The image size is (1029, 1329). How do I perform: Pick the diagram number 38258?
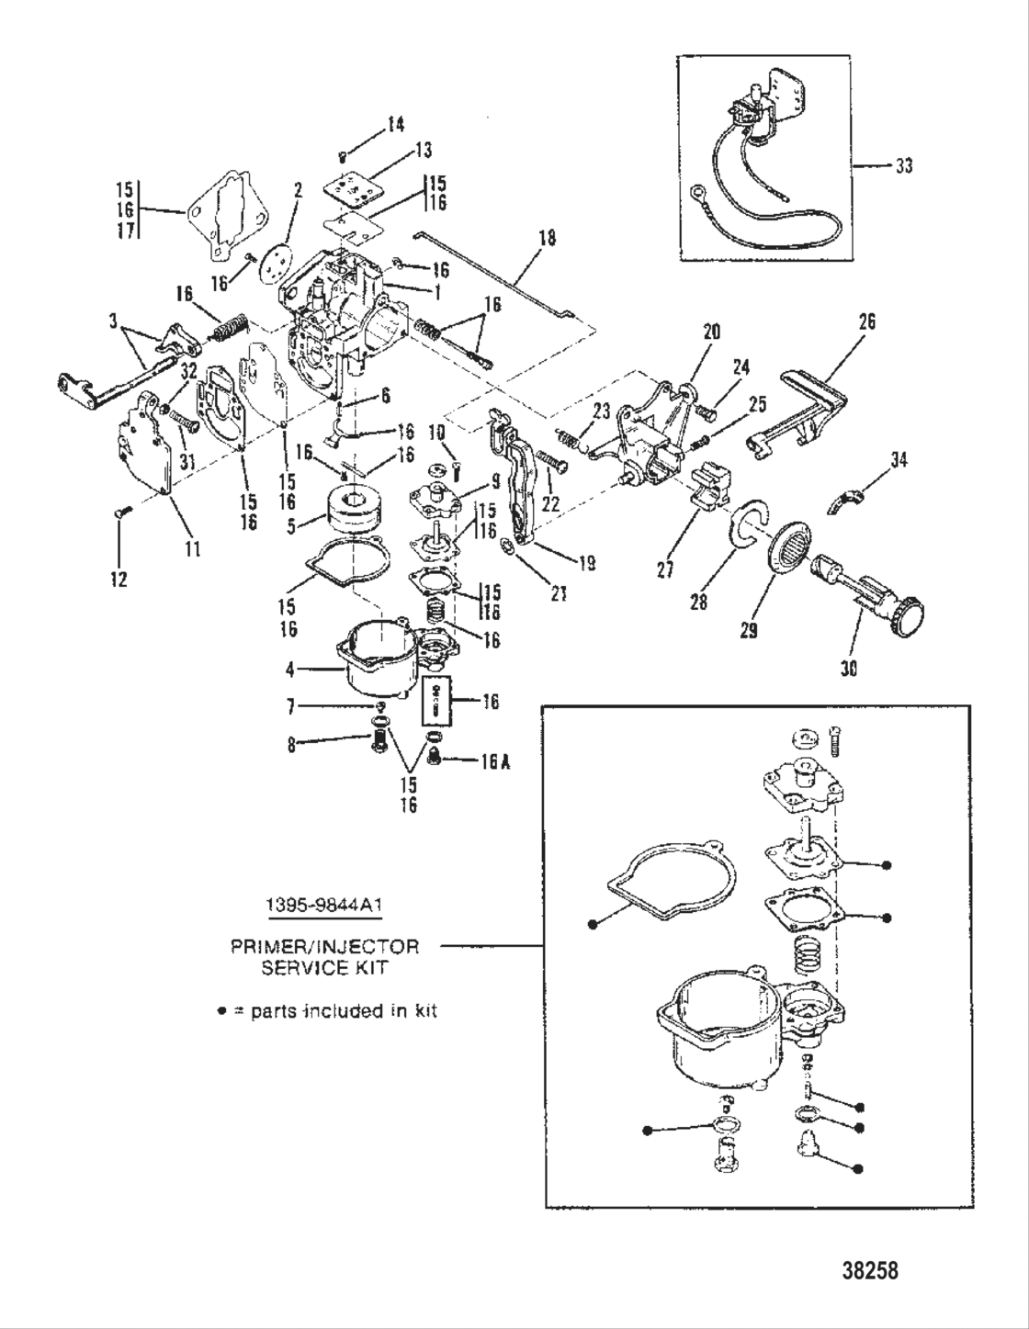pyautogui.click(x=869, y=1271)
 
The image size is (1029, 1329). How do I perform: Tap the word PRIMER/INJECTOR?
pyautogui.click(x=325, y=946)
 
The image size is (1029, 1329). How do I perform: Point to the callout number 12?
pyautogui.click(x=119, y=580)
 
